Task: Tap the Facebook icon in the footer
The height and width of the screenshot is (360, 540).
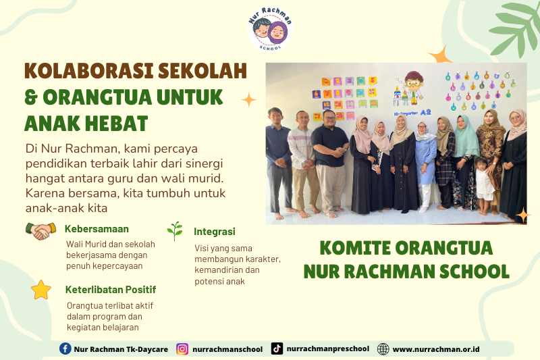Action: pyautogui.click(x=65, y=349)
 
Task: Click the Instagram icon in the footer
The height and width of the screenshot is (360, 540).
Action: pyautogui.click(x=182, y=349)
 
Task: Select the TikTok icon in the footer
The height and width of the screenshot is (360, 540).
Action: pyautogui.click(x=277, y=349)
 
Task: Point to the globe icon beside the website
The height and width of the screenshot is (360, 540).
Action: pyautogui.click(x=383, y=349)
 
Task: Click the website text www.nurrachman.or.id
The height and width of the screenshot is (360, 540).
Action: pyautogui.click(x=435, y=349)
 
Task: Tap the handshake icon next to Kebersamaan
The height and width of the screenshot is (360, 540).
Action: pyautogui.click(x=41, y=231)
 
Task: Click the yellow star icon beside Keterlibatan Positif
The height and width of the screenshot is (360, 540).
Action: pyautogui.click(x=41, y=290)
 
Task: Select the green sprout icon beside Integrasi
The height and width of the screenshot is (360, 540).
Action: pyautogui.click(x=175, y=231)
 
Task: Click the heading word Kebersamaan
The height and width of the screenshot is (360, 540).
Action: pyautogui.click(x=97, y=229)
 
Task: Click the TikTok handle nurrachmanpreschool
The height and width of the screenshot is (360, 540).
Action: pyautogui.click(x=328, y=349)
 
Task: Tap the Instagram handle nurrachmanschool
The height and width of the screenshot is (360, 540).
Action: pyautogui.click(x=227, y=349)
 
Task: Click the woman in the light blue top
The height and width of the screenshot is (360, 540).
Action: pyautogui.click(x=425, y=159)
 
